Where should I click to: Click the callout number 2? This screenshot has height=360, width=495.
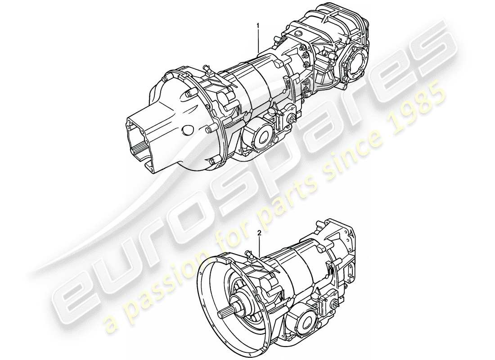(x=260, y=233)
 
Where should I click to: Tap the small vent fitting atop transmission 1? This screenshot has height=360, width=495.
(x=208, y=69)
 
